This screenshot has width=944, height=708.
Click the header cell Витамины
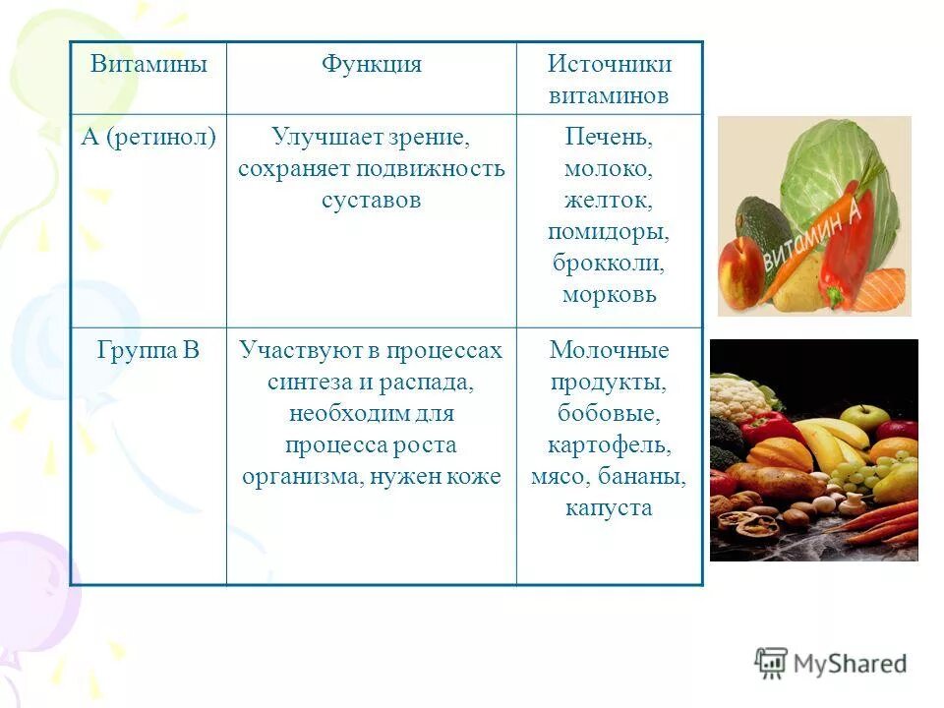click(x=148, y=65)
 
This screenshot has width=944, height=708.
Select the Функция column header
click(x=371, y=65)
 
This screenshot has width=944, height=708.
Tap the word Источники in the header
click(x=610, y=65)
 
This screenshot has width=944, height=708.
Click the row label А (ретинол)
click(x=148, y=137)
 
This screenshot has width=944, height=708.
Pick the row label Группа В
click(x=148, y=351)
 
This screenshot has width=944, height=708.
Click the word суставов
click(x=371, y=200)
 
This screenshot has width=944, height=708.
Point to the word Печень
click(x=610, y=137)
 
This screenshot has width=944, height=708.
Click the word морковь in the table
click(x=610, y=294)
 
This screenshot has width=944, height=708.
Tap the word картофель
click(x=610, y=444)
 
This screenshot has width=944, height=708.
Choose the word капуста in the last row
click(x=610, y=507)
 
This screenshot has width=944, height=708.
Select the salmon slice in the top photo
click(x=879, y=290)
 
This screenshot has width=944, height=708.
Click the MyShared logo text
click(x=850, y=664)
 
